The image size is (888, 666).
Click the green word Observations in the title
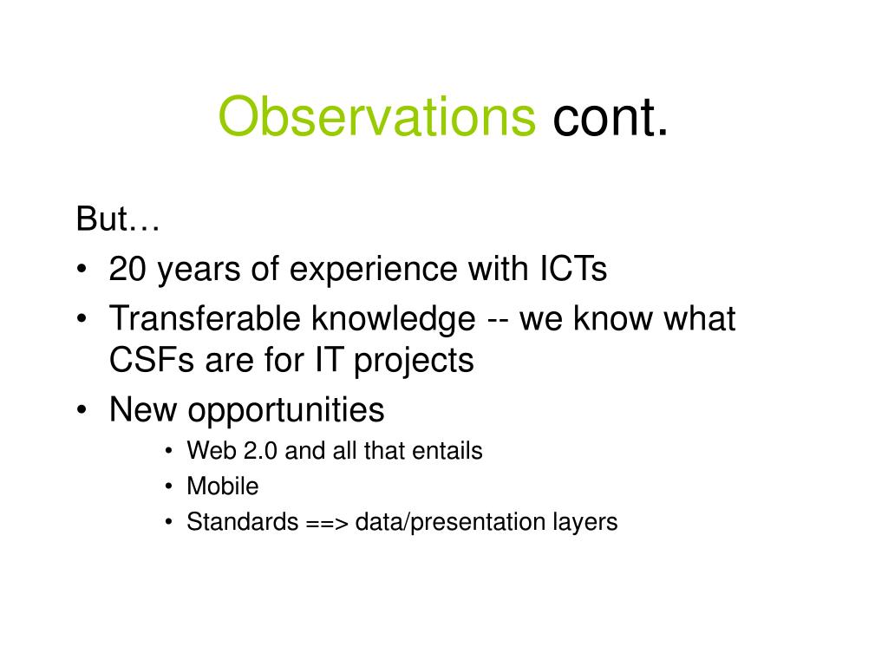click(376, 116)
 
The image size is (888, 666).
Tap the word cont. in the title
click(610, 117)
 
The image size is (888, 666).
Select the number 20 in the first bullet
click(127, 269)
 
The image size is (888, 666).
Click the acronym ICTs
click(573, 269)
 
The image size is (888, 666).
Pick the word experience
click(373, 271)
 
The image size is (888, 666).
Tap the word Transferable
click(205, 318)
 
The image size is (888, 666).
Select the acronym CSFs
click(152, 360)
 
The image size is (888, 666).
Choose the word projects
click(414, 362)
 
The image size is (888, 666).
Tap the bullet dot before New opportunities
click(82, 409)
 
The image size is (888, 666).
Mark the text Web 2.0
click(232, 451)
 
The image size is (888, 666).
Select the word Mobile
click(223, 486)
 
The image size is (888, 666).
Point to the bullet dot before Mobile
click(169, 486)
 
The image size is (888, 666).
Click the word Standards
click(243, 521)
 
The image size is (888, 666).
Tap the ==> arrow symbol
click(327, 523)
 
